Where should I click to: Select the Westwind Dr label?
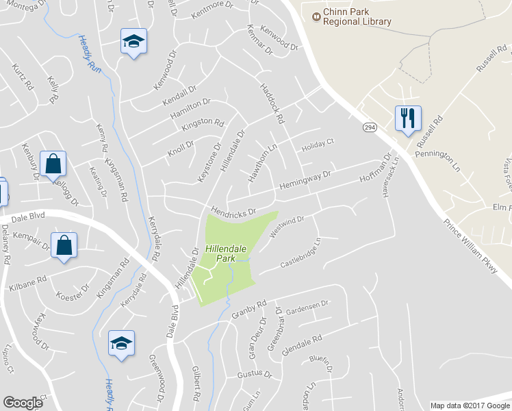pyautogui.click(x=286, y=226)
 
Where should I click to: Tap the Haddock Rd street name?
pyautogui.click(x=271, y=103)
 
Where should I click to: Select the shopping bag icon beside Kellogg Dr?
pyautogui.click(x=53, y=164)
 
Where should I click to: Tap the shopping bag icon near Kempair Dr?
pyautogui.click(x=64, y=245)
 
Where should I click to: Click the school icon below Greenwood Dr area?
pyautogui.click(x=121, y=344)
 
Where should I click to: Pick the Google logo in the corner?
pyautogui.click(x=23, y=403)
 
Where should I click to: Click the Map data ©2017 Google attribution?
pyautogui.click(x=469, y=406)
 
